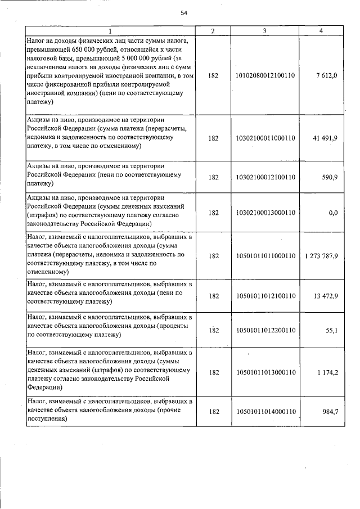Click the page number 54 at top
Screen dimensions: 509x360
tap(183, 13)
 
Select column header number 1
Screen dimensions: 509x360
tap(110, 30)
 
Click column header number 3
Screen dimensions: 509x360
tap(264, 30)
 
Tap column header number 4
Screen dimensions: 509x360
tap(320, 30)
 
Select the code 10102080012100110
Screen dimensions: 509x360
tap(266, 75)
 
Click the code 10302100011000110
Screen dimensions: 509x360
tap(266, 138)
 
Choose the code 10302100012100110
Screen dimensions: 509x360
tap(266, 177)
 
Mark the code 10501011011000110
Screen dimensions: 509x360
tap(266, 256)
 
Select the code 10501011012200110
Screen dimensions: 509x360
tap(266, 330)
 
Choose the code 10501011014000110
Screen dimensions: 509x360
tap(266, 412)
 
